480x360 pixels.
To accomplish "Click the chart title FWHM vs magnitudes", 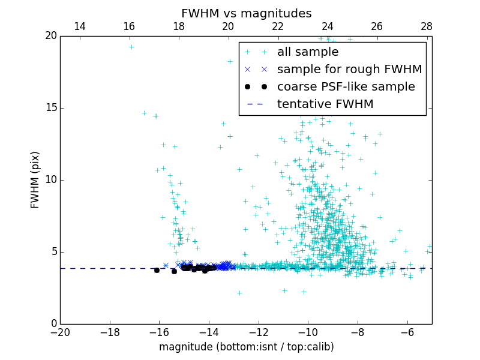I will coord(246,13).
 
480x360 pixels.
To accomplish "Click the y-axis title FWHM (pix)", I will coord(35,180).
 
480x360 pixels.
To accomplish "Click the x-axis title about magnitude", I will coord(246,347).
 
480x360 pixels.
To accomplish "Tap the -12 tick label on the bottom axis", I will coord(258,332).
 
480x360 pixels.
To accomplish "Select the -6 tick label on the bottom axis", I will coord(407,332).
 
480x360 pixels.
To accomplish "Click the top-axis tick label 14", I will coord(79,26).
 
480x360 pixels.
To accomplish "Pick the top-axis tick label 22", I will coord(278,26).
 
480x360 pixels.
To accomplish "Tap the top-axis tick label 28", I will coord(427,26).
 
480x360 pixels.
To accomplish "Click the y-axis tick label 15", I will coord(50,108).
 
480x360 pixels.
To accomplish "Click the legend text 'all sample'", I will coord(308,52).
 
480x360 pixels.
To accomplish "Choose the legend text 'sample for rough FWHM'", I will coord(349,70).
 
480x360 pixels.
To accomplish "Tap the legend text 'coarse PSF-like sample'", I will coord(346,87).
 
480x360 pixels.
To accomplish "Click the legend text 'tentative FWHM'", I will coord(325,104).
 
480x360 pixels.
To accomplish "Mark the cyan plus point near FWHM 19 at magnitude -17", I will coord(131,47).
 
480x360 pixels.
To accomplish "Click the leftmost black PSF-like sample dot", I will coord(157,270).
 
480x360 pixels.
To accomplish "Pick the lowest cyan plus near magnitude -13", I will coord(239,293).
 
